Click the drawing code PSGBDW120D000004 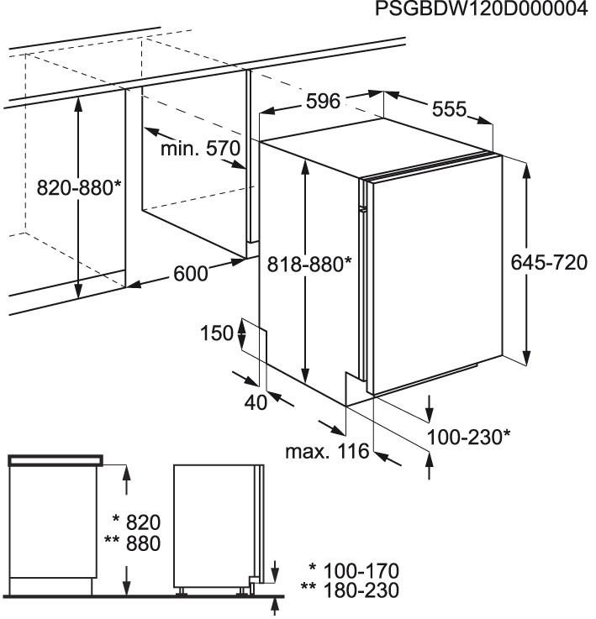click(x=482, y=9)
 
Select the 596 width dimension click(x=323, y=102)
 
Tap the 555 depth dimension click(x=450, y=109)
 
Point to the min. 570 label click(x=200, y=149)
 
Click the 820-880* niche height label click(x=78, y=188)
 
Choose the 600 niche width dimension click(x=191, y=274)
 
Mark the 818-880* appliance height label click(x=309, y=265)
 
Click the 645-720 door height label click(x=549, y=263)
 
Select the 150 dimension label click(x=217, y=333)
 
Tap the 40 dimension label click(x=256, y=402)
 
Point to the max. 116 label click(x=327, y=451)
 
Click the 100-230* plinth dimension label click(x=469, y=438)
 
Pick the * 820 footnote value click(x=137, y=522)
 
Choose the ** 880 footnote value click(x=133, y=543)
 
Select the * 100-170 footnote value click(x=354, y=571)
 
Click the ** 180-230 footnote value click(x=350, y=590)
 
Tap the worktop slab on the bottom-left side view click(x=55, y=460)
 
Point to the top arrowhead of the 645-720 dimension click(x=526, y=171)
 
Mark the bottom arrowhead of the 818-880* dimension click(x=304, y=375)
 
